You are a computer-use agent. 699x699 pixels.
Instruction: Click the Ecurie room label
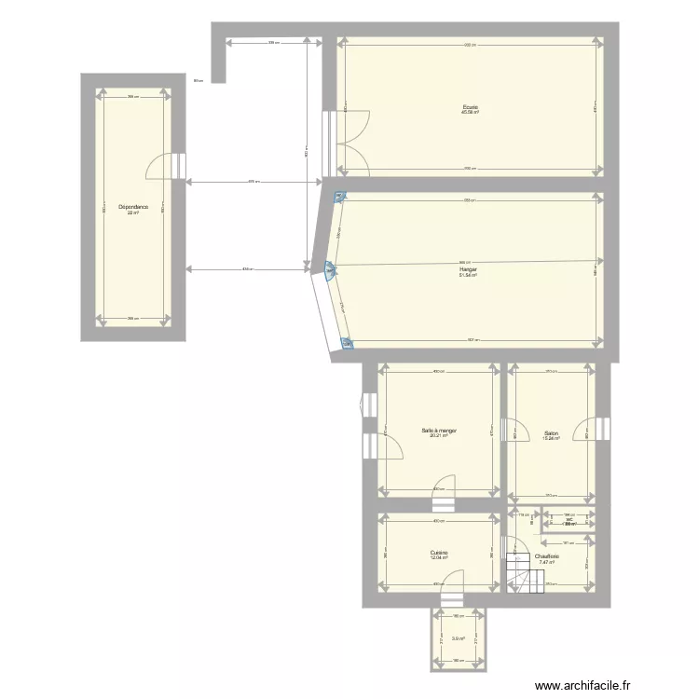pos(470,107)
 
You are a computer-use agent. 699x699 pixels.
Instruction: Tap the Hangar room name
pos(468,269)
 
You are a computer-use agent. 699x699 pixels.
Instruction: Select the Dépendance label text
pos(133,207)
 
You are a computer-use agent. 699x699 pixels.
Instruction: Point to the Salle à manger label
pos(438,431)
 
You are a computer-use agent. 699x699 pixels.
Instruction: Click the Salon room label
pos(551,432)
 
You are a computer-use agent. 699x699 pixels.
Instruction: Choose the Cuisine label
pos(439,553)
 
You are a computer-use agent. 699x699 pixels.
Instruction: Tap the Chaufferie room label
pos(546,556)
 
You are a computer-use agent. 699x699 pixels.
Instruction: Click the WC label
pos(569,519)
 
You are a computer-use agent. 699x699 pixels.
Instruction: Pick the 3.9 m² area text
pos(458,638)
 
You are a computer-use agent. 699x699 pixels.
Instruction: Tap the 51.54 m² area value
pos(468,276)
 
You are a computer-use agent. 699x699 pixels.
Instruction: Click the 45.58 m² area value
pos(470,113)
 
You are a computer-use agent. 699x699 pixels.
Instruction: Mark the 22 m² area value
pos(133,212)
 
